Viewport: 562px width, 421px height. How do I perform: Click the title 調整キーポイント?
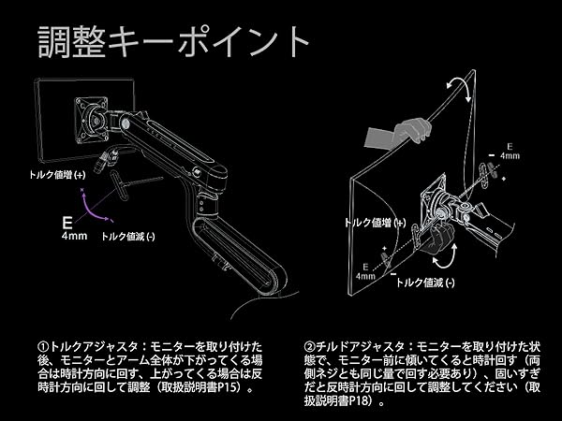(x=172, y=41)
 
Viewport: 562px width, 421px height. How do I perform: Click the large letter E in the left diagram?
(x=69, y=222)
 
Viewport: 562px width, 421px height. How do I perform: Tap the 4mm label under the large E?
(x=74, y=236)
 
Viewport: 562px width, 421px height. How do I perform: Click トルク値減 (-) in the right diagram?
(x=426, y=282)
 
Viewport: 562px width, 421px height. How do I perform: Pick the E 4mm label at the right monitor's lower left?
(x=364, y=271)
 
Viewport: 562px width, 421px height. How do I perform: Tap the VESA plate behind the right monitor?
(x=435, y=200)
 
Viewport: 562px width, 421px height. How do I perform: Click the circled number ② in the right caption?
(x=310, y=345)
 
